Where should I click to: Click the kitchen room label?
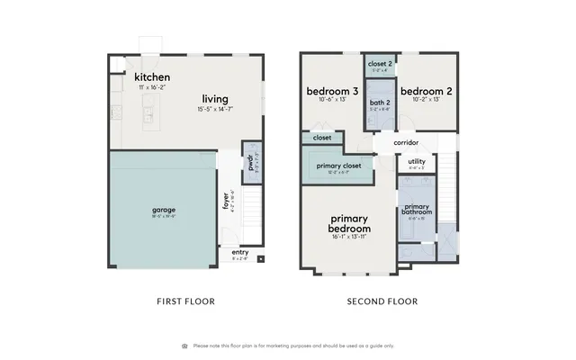coord(152,77)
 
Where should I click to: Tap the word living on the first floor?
coord(214,99)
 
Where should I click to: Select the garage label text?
coord(163,211)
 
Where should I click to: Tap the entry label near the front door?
coord(239,252)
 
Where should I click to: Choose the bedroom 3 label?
coord(332,92)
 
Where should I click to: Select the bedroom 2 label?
coord(425,92)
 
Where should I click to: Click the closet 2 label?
coord(377,64)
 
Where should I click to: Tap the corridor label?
coord(404,142)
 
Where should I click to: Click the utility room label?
coord(416,161)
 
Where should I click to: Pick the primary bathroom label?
coord(416,210)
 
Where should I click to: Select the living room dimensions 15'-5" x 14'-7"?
coord(214,110)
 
